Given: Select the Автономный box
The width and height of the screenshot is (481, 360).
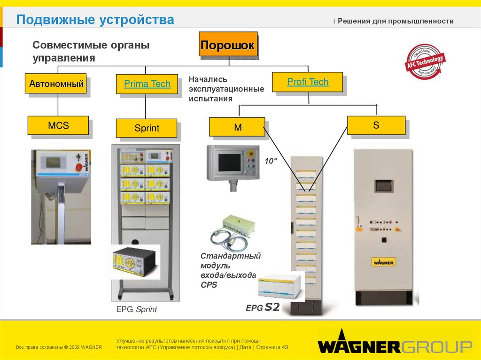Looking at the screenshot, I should [x=57, y=84].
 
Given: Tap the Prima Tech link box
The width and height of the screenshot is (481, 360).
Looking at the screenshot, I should [x=147, y=84].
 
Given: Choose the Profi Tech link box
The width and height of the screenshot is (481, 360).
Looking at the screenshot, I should [x=308, y=82].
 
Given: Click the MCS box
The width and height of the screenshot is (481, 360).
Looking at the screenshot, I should [x=58, y=125].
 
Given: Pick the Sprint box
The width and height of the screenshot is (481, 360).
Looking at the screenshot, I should [x=147, y=128].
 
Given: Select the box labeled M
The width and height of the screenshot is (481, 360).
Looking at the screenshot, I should [x=237, y=127].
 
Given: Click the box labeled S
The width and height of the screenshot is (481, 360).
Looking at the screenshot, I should [x=376, y=125].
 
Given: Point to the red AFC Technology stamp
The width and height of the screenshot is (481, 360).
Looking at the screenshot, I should [x=425, y=61].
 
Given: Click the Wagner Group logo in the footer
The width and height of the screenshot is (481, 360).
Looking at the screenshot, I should [x=395, y=346].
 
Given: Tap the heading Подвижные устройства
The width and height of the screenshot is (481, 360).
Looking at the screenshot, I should [x=95, y=20].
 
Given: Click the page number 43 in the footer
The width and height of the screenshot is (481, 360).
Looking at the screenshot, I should [x=285, y=347].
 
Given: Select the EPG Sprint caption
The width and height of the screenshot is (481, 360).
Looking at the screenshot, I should [x=137, y=310].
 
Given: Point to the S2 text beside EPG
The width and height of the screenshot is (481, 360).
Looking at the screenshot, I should [x=272, y=308].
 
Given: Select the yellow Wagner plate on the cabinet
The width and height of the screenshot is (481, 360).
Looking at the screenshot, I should [x=383, y=262].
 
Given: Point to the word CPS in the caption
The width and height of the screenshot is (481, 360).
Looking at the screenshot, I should [x=209, y=284].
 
